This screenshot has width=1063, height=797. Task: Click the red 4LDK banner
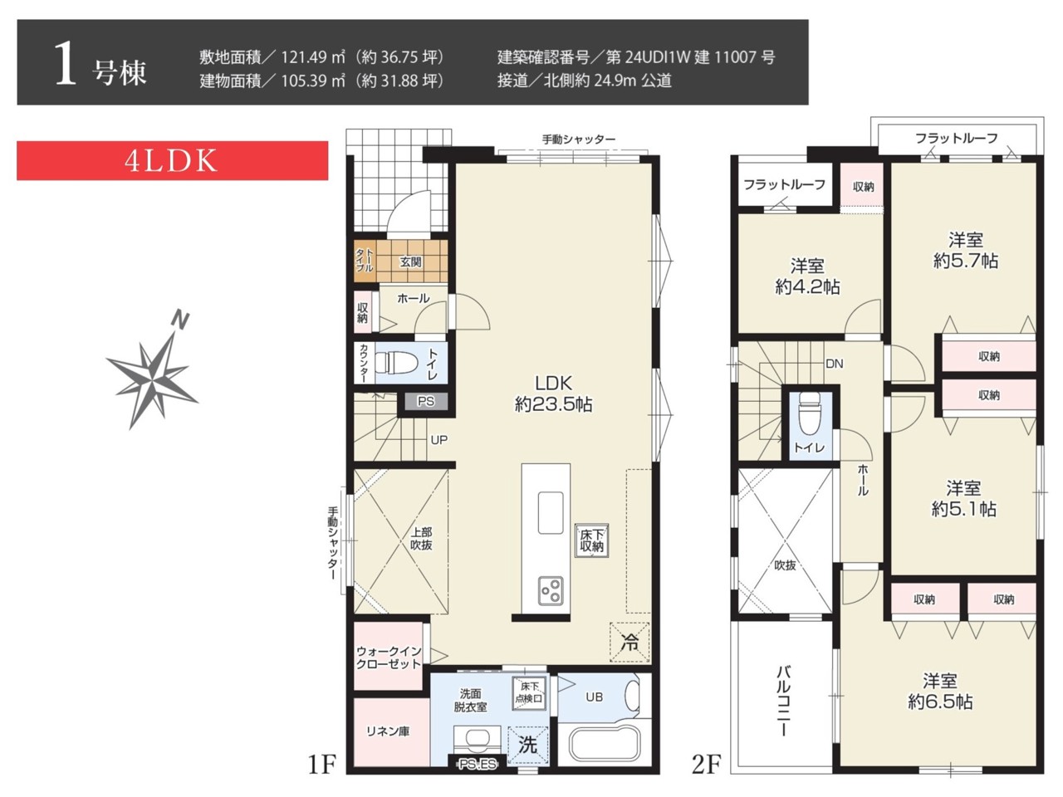click(173, 161)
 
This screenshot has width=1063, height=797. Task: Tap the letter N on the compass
click(181, 320)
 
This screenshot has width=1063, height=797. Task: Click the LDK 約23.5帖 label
click(553, 394)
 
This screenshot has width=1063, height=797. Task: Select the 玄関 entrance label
click(410, 262)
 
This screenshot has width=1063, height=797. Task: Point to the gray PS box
click(426, 401)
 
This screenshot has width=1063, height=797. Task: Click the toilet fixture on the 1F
click(397, 363)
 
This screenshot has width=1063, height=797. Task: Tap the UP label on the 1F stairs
click(438, 440)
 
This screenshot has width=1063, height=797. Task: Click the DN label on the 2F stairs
click(835, 364)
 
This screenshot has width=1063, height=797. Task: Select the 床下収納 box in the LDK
click(591, 540)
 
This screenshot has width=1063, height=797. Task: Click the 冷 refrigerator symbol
click(629, 642)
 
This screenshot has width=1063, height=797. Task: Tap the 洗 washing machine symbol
click(528, 745)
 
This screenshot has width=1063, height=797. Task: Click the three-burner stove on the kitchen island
click(551, 590)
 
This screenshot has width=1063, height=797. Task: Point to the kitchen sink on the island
click(551, 513)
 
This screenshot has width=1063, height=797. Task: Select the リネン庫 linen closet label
click(388, 731)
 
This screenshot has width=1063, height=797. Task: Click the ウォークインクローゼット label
click(389, 658)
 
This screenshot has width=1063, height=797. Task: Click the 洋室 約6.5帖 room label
click(940, 691)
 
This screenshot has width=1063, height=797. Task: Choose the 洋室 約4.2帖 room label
click(807, 276)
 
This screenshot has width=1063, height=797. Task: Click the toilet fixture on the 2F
click(811, 414)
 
